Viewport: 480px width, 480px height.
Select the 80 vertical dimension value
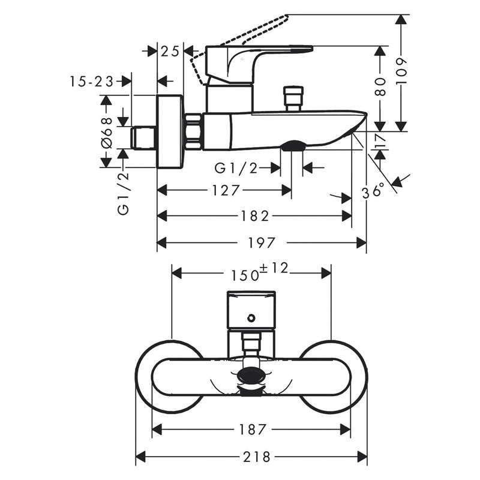point(380,86)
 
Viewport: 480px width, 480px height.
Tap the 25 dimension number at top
point(170,52)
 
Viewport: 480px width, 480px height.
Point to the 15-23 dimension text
point(92,82)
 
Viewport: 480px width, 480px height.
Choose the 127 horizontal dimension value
point(226,190)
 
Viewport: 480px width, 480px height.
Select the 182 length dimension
point(254,216)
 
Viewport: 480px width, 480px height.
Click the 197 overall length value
point(262,243)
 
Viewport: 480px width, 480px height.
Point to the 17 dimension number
point(380,141)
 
